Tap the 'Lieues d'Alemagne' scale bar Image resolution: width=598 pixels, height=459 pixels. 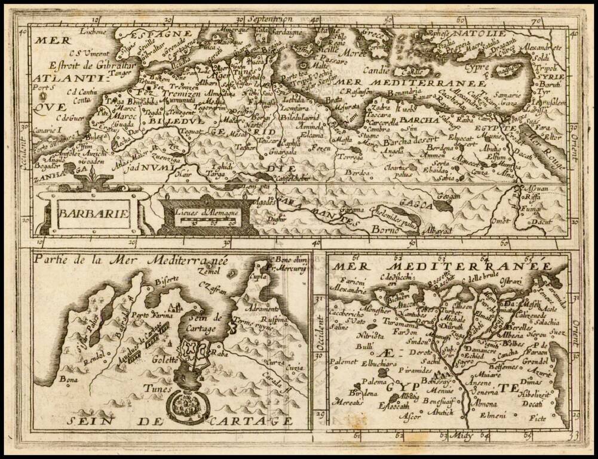[203, 218]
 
